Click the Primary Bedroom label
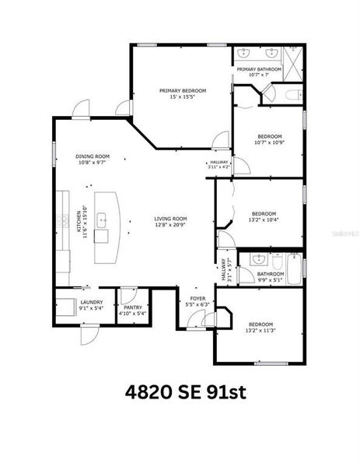coord(183,91)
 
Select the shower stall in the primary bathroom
coord(294,58)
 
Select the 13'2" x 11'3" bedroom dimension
coord(260,331)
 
